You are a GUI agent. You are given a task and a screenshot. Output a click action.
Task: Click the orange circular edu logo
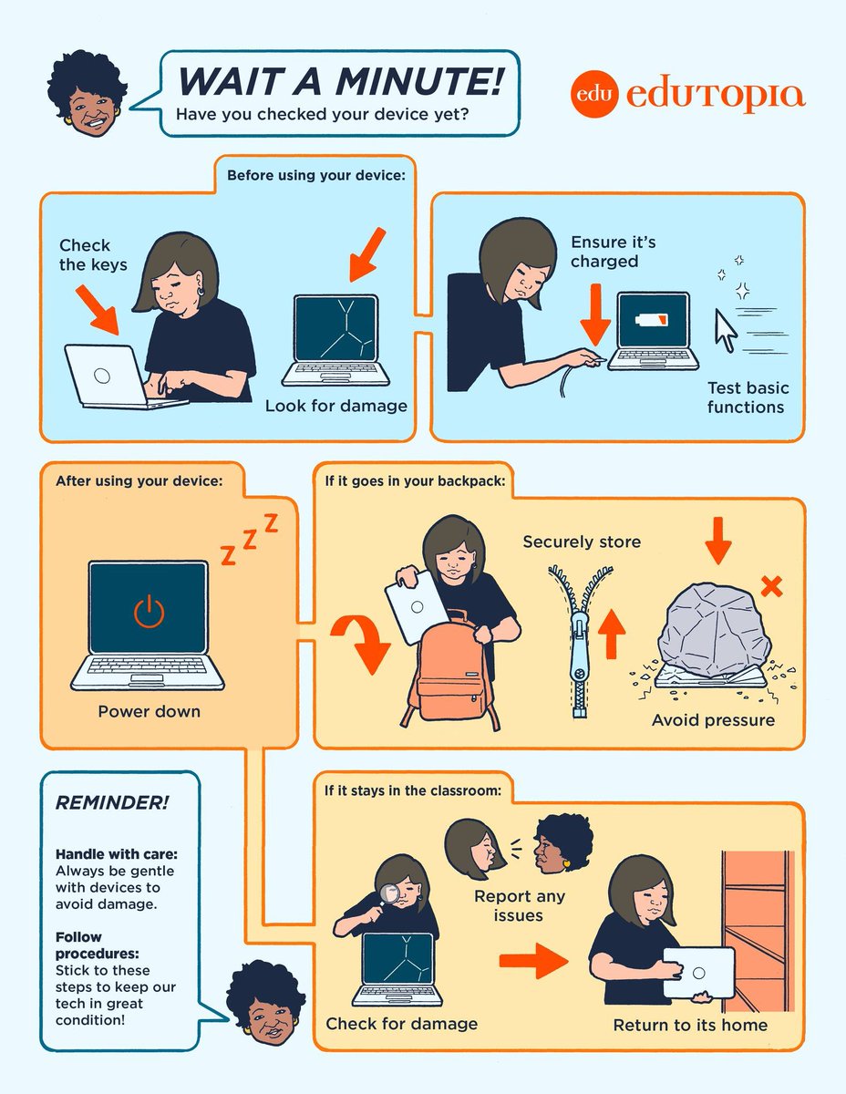pyautogui.click(x=594, y=94)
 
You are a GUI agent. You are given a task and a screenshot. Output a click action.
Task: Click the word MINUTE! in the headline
pyautogui.click(x=419, y=80)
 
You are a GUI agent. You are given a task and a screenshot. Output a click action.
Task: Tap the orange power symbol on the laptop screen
pyautogui.click(x=149, y=611)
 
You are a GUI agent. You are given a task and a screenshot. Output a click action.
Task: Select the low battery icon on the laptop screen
pyautogui.click(x=653, y=319)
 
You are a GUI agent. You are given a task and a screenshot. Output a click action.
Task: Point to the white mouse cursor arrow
pyautogui.click(x=727, y=330)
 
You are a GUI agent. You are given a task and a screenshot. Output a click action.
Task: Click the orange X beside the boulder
pyautogui.click(x=771, y=586)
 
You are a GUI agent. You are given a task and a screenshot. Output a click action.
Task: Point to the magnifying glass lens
pyautogui.click(x=389, y=893)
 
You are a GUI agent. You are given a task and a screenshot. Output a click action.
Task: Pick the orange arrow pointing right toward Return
pyautogui.click(x=533, y=961)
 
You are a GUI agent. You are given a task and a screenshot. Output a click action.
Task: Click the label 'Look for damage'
pyautogui.click(x=336, y=406)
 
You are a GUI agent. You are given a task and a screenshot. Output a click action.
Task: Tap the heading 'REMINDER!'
pyautogui.click(x=112, y=802)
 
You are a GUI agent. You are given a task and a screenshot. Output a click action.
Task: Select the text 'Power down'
pyautogui.click(x=149, y=711)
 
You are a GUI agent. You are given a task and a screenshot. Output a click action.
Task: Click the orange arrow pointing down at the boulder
pyautogui.click(x=718, y=541)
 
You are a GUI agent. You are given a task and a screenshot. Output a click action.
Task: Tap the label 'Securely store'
pyautogui.click(x=582, y=542)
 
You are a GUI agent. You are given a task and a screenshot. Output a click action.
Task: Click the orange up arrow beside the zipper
pyautogui.click(x=612, y=634)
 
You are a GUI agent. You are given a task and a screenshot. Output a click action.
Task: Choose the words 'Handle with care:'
pyautogui.click(x=117, y=854)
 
